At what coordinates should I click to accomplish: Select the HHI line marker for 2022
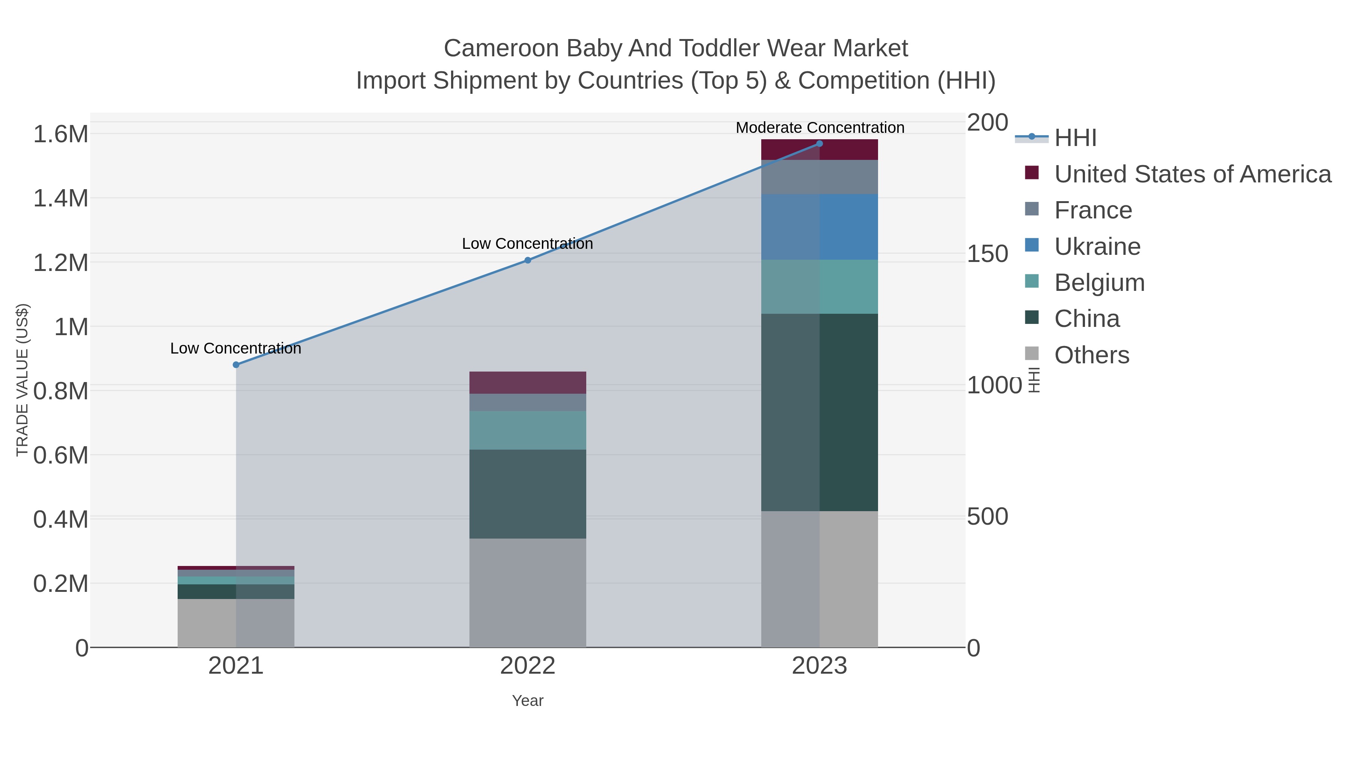click(x=528, y=260)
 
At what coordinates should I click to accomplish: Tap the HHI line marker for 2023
click(x=819, y=144)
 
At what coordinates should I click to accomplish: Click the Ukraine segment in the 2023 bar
click(x=819, y=227)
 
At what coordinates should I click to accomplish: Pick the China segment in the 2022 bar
click(x=528, y=494)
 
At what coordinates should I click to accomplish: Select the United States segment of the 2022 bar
click(x=528, y=382)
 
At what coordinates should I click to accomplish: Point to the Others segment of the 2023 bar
click(x=819, y=579)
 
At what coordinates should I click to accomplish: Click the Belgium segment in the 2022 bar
click(x=528, y=430)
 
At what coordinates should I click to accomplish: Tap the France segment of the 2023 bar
click(x=819, y=177)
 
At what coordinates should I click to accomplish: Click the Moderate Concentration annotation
click(x=820, y=128)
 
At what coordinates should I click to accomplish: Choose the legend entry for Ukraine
click(x=1097, y=247)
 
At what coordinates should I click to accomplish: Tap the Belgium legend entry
click(x=1099, y=283)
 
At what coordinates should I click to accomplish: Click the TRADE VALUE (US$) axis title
click(x=23, y=380)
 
